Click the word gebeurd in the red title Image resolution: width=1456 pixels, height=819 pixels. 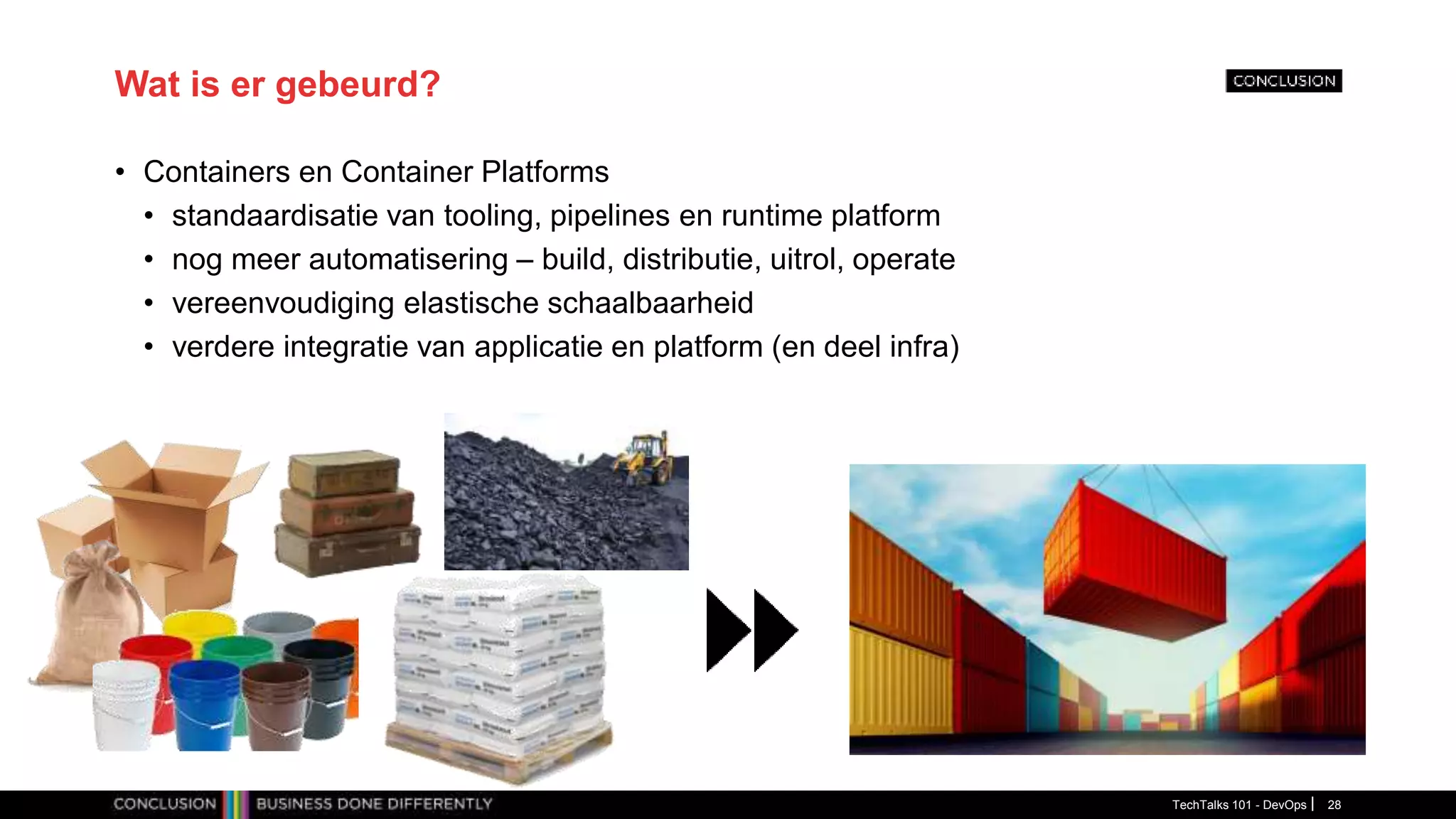click(358, 85)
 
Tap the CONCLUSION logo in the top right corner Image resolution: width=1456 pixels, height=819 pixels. click(1283, 81)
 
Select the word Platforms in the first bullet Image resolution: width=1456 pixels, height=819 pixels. click(545, 172)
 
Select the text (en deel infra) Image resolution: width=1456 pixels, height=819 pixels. click(865, 347)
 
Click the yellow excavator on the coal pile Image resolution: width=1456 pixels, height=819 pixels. click(645, 459)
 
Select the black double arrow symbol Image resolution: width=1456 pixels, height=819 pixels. click(751, 630)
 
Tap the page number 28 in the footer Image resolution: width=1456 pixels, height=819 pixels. click(1334, 805)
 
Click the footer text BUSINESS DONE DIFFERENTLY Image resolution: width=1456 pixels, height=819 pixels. click(374, 804)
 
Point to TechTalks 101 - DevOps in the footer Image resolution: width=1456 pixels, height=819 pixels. click(1238, 805)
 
